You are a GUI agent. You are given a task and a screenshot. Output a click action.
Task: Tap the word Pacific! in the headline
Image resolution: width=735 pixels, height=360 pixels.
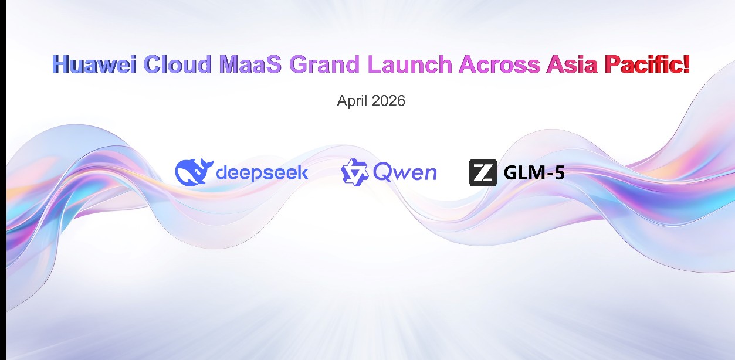tap(647, 64)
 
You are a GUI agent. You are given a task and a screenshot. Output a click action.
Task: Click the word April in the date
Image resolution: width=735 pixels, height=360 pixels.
tap(352, 101)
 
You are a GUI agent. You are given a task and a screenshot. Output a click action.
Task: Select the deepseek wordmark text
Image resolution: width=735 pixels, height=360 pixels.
tap(262, 172)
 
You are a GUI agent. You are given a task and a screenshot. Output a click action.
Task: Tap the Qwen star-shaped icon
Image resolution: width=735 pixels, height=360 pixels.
tap(354, 172)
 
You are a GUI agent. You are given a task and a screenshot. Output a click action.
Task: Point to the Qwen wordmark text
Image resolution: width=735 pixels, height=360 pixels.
tap(405, 173)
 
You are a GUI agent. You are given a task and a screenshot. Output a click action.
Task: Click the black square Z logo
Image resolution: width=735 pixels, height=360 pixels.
tap(483, 172)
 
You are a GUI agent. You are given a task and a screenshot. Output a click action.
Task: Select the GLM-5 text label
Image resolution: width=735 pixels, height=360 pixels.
tap(534, 172)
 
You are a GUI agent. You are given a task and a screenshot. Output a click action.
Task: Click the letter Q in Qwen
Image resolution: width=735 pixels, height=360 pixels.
tap(382, 173)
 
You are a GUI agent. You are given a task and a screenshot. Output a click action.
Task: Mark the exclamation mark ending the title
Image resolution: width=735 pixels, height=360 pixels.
tap(686, 64)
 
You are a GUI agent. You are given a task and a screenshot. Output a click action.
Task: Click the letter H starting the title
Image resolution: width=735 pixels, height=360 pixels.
tap(60, 64)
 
